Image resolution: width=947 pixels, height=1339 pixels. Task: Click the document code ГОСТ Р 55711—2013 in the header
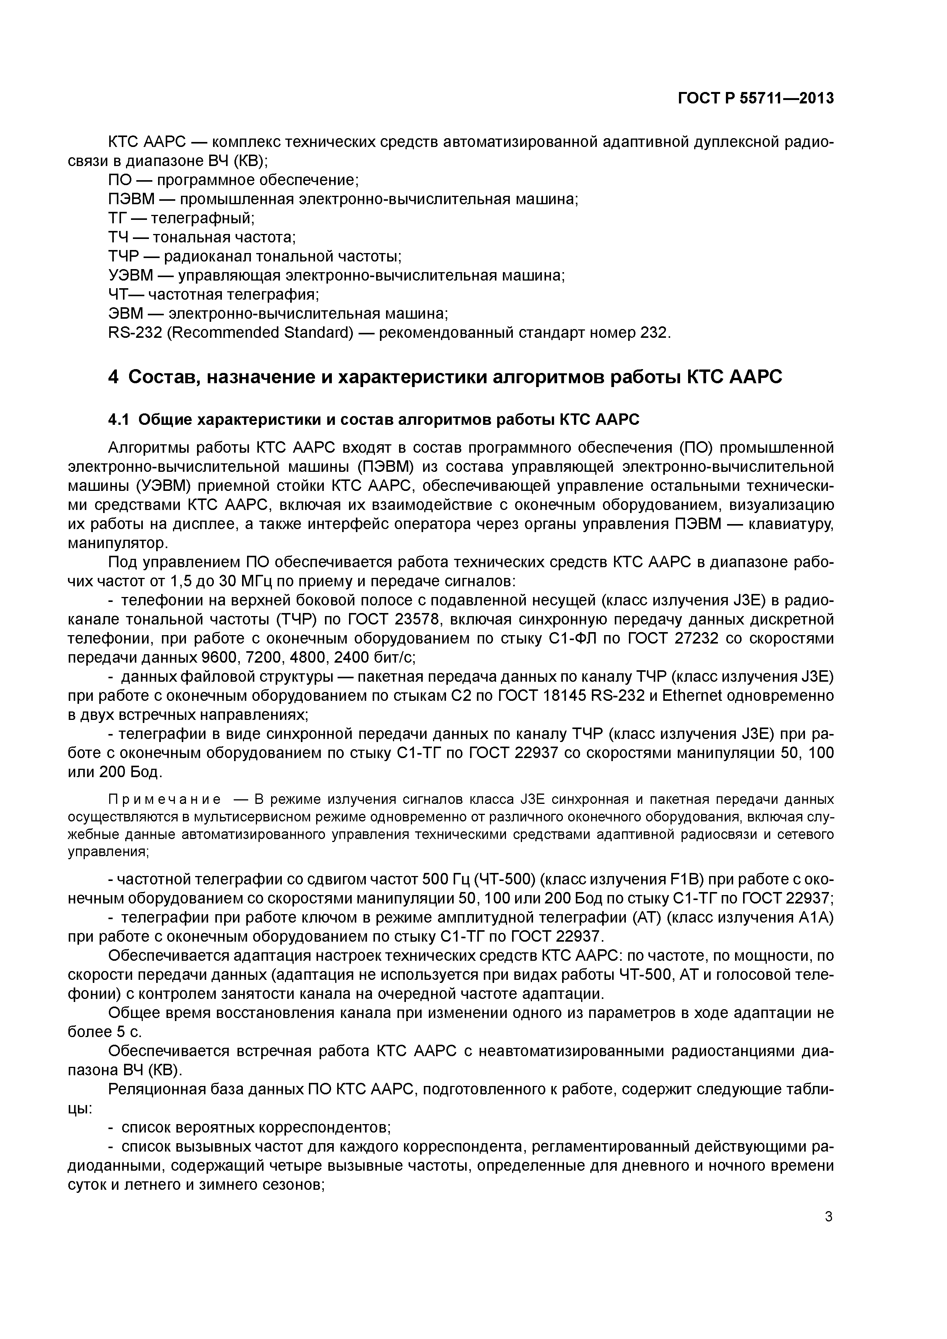point(756,98)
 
